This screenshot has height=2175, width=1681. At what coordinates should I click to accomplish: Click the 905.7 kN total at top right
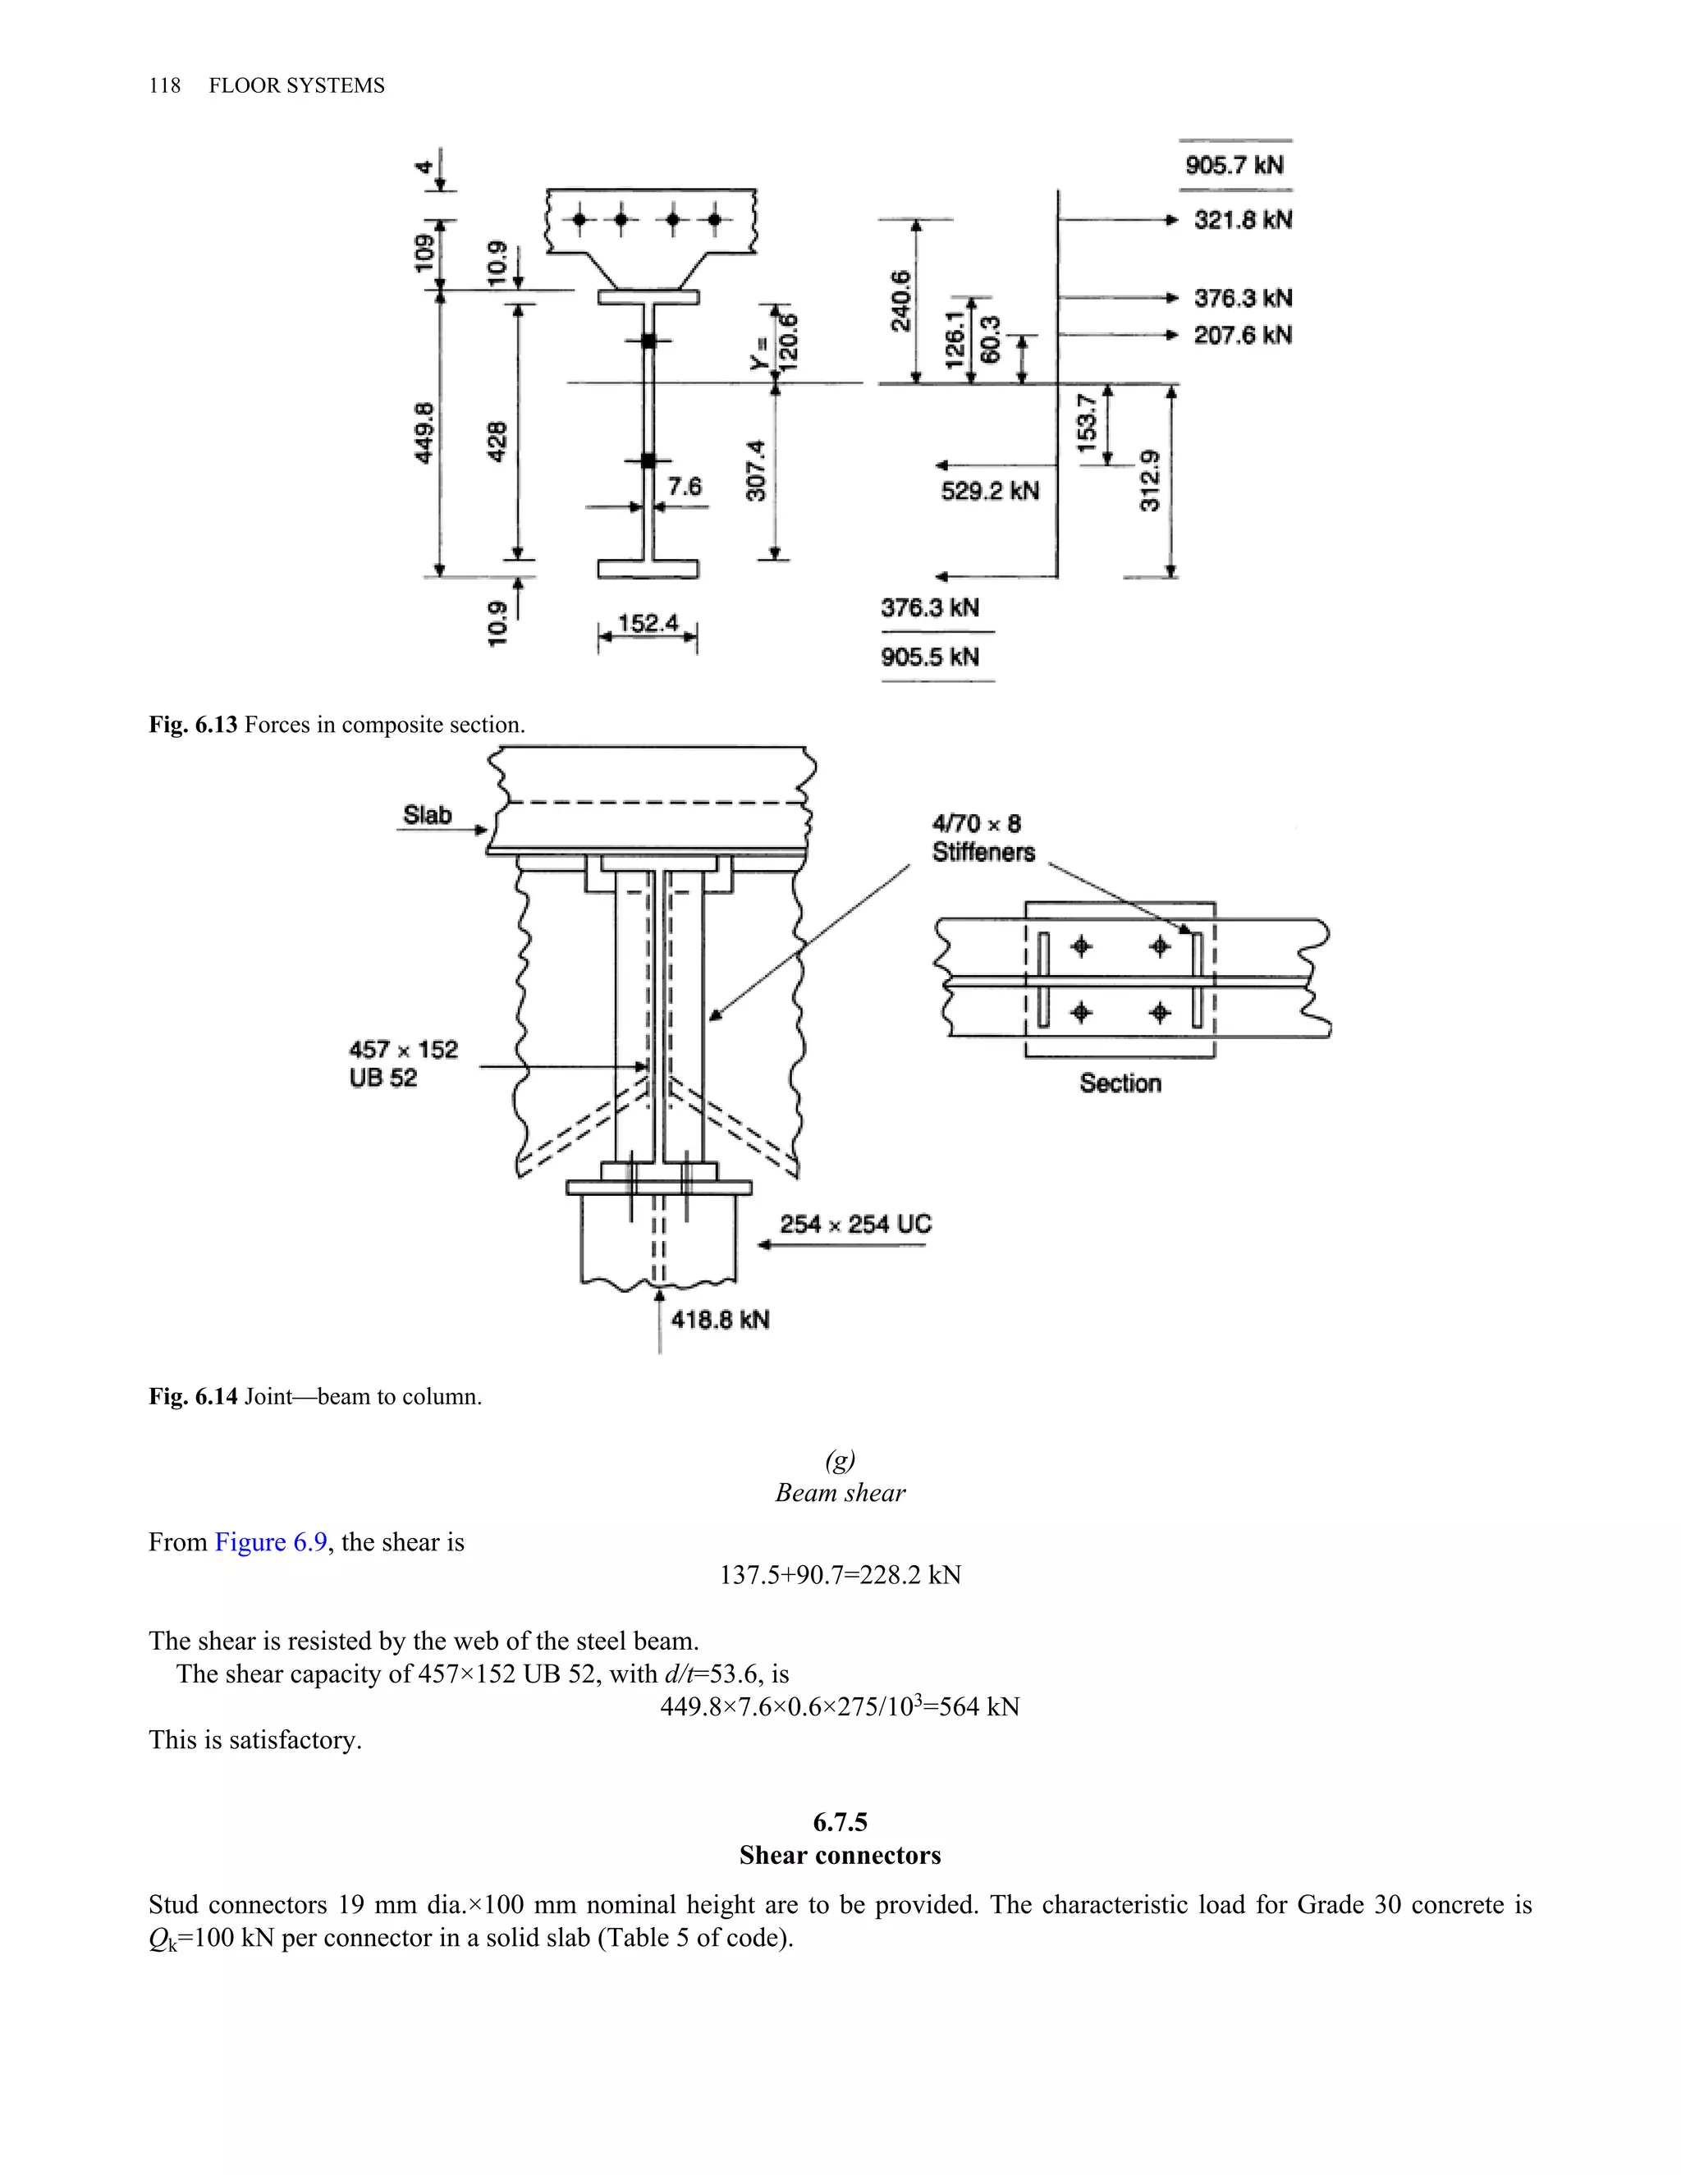[x=1234, y=165]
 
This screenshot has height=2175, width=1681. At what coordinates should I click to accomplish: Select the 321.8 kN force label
[x=1242, y=220]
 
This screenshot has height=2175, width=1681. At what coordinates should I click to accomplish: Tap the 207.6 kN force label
[x=1242, y=336]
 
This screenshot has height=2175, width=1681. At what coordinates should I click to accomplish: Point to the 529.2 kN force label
[x=989, y=491]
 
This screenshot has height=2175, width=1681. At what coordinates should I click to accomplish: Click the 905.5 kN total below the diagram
[x=929, y=657]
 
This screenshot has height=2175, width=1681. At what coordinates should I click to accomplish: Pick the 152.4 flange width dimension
[x=648, y=624]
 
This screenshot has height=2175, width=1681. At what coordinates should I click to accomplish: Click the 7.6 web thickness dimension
[x=685, y=487]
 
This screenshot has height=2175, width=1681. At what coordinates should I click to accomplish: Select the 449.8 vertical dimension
[x=424, y=433]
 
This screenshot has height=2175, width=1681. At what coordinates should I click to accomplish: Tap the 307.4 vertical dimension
[x=757, y=470]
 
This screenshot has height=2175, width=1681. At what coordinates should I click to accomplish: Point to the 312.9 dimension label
[x=1150, y=481]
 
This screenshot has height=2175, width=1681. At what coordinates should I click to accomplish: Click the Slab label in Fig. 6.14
[x=427, y=816]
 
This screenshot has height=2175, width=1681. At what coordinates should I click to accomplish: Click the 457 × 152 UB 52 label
[x=402, y=1064]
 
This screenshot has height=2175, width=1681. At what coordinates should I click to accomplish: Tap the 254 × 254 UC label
[x=854, y=1225]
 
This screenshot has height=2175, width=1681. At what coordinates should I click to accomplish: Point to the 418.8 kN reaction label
[x=719, y=1321]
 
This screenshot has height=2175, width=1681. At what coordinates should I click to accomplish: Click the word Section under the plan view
[x=1120, y=1083]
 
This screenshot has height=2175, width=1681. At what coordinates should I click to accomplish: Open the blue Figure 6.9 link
[x=271, y=1543]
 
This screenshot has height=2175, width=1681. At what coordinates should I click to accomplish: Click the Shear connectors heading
[x=840, y=1856]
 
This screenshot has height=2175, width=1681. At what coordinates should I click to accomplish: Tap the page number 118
[x=164, y=85]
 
